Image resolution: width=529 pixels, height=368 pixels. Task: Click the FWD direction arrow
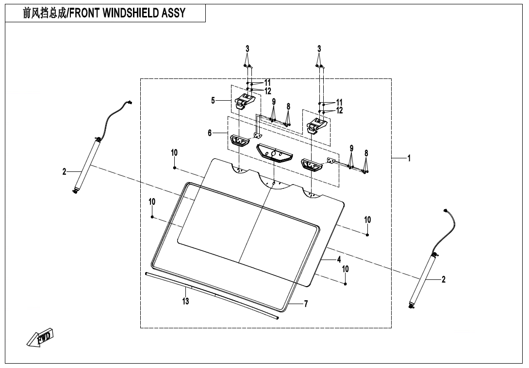[x=40, y=338]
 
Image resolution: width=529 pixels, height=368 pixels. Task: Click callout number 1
[x=409, y=158]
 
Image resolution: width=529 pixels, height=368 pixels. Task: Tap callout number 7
[x=306, y=304]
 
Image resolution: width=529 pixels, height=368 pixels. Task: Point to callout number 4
[x=339, y=260]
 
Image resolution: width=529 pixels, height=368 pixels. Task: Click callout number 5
[x=213, y=101]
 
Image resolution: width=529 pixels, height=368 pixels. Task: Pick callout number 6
[x=210, y=133]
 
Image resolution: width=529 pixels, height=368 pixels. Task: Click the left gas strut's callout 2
[x=65, y=171]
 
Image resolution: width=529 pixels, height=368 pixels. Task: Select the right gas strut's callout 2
[x=443, y=279]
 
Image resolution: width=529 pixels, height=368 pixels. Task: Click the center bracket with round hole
[x=274, y=152]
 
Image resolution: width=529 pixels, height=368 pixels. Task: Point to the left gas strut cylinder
[x=87, y=163]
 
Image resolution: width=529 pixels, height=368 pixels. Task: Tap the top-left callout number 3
[x=247, y=49]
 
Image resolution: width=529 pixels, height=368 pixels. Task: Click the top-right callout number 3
[x=319, y=49]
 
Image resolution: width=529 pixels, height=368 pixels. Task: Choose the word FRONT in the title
[x=87, y=13]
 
